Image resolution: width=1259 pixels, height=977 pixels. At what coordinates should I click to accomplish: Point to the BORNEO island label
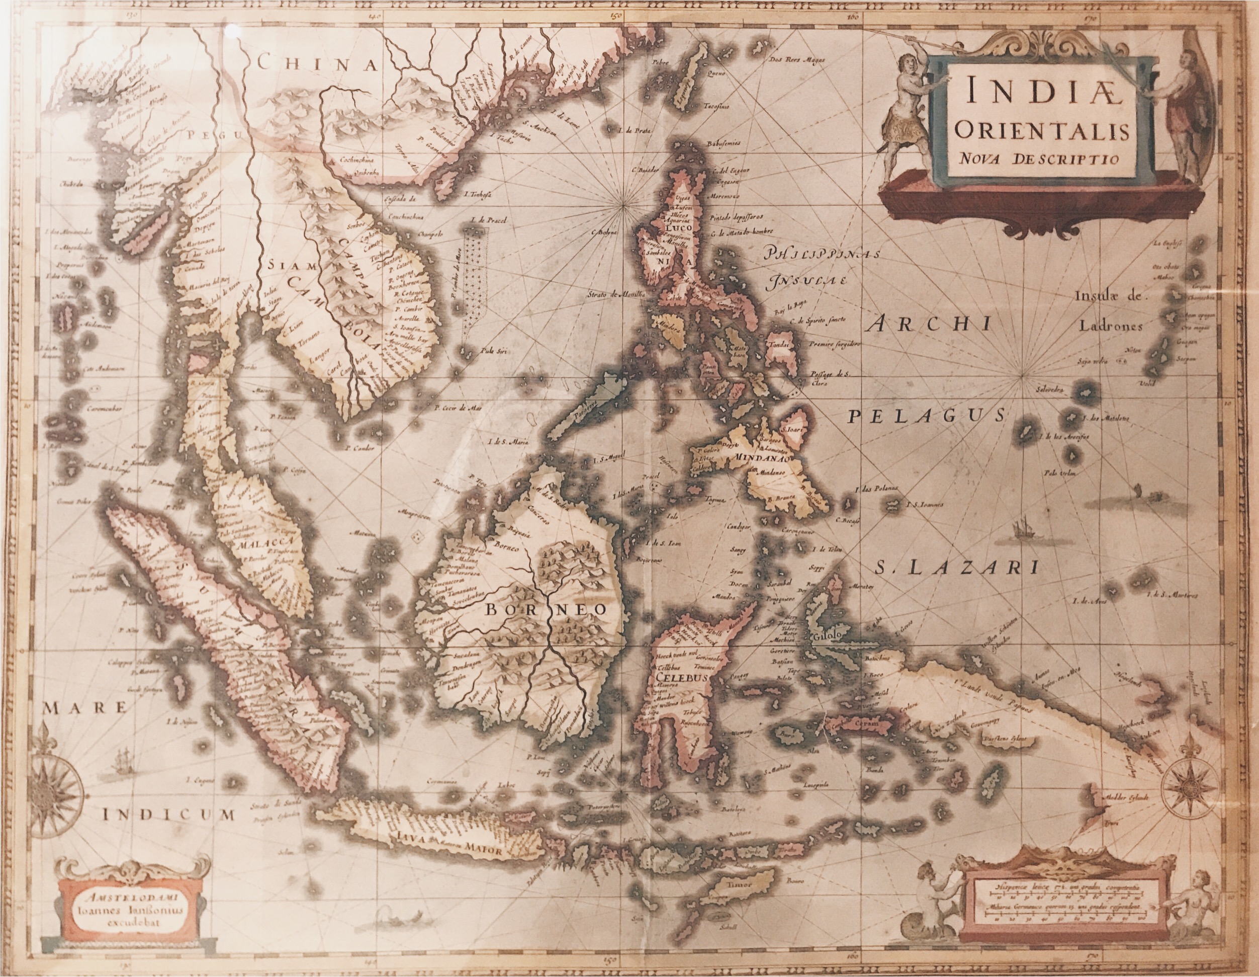pyautogui.click(x=546, y=610)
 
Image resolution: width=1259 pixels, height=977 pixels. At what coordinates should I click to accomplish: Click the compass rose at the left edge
pyautogui.click(x=56, y=784)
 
